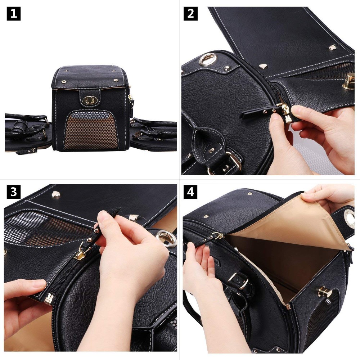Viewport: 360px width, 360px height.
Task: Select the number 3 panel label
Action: click(x=13, y=192)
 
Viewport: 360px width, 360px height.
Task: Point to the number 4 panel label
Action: click(x=190, y=192)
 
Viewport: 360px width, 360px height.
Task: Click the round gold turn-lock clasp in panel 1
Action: click(x=89, y=100)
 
